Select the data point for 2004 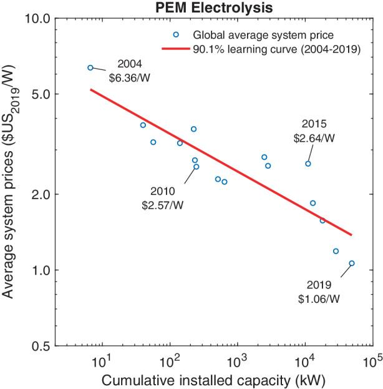(90, 67)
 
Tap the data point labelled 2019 (352, 263)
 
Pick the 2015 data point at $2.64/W (308, 164)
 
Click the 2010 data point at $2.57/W (196, 167)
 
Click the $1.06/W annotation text (319, 299)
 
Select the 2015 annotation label (314, 124)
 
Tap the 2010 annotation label (163, 191)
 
